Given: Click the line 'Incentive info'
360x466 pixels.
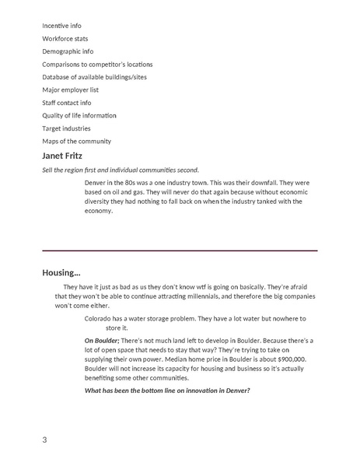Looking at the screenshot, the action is click(65, 26).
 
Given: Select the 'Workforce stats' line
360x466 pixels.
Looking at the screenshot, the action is click(66, 38).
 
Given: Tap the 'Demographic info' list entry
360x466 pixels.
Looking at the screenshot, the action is click(68, 51).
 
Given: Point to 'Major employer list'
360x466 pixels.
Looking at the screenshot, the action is click(72, 89).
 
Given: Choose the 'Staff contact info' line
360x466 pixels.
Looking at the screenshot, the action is click(66, 103).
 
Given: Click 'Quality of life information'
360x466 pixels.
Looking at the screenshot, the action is click(82, 115).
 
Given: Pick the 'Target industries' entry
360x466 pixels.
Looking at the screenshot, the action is click(66, 128).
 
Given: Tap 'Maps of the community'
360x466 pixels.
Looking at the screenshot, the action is click(76, 141).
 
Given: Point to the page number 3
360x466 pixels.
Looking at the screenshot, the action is click(45, 441).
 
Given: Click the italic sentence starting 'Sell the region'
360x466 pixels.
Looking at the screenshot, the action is click(121, 169).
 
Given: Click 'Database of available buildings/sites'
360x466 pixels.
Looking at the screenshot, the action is click(94, 77).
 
